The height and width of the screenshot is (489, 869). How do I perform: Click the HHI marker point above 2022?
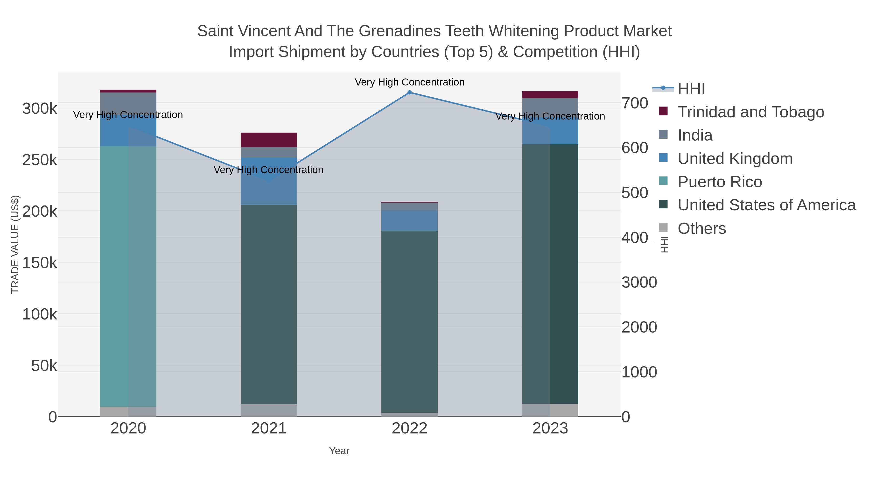pyautogui.click(x=409, y=92)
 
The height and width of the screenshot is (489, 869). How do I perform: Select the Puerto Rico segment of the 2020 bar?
pyautogui.click(x=128, y=276)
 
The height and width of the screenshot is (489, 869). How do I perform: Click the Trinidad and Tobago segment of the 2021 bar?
pyautogui.click(x=269, y=140)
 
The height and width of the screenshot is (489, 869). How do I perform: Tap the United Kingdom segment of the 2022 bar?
pyautogui.click(x=409, y=221)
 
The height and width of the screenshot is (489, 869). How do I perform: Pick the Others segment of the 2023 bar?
pyautogui.click(x=550, y=410)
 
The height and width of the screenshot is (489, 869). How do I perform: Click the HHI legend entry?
pyautogui.click(x=691, y=89)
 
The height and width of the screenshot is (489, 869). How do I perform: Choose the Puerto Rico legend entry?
pyautogui.click(x=720, y=182)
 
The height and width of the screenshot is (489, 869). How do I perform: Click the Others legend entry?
pyautogui.click(x=702, y=228)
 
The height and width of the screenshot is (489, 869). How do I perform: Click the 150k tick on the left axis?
pyautogui.click(x=40, y=263)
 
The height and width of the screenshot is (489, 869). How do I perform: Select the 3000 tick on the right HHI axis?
pyautogui.click(x=639, y=283)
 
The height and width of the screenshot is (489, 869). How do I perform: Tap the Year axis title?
pyautogui.click(x=339, y=451)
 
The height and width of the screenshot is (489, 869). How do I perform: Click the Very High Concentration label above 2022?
pyautogui.click(x=409, y=82)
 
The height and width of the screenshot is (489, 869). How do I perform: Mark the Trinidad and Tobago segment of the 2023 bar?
pyautogui.click(x=550, y=94)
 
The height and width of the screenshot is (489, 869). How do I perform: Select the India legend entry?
pyautogui.click(x=695, y=135)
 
